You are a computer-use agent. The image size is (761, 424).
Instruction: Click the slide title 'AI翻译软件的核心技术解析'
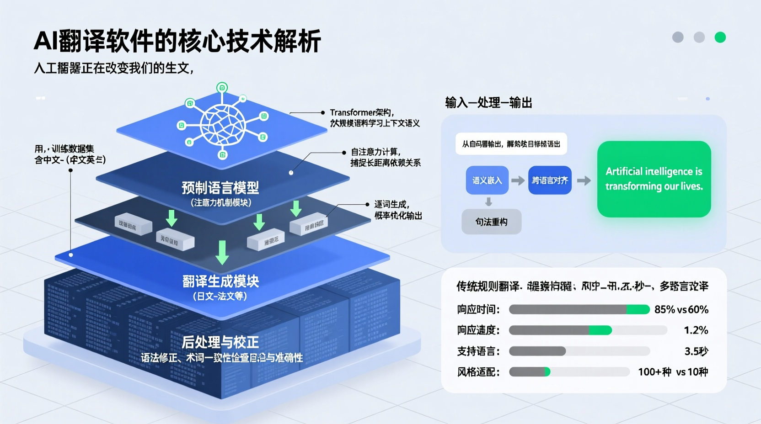177,41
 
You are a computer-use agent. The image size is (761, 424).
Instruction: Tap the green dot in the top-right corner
720,37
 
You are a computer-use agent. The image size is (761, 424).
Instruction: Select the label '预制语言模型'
220,188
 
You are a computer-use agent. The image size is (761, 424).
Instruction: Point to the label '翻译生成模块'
220,281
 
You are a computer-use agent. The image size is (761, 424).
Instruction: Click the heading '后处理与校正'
220,342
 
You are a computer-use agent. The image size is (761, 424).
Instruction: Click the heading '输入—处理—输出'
488,103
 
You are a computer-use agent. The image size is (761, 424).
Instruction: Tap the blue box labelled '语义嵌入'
487,180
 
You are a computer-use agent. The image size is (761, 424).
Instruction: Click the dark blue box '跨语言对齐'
550,180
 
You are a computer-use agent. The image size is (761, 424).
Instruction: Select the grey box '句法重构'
491,222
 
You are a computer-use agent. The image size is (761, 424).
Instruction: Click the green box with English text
654,179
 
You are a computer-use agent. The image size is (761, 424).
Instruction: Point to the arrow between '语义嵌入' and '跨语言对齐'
518,181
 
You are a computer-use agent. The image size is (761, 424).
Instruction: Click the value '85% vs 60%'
681,310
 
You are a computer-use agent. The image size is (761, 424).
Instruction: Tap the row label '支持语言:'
478,351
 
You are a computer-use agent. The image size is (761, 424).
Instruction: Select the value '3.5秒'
696,351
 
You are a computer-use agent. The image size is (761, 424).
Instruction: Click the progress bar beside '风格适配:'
569,372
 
